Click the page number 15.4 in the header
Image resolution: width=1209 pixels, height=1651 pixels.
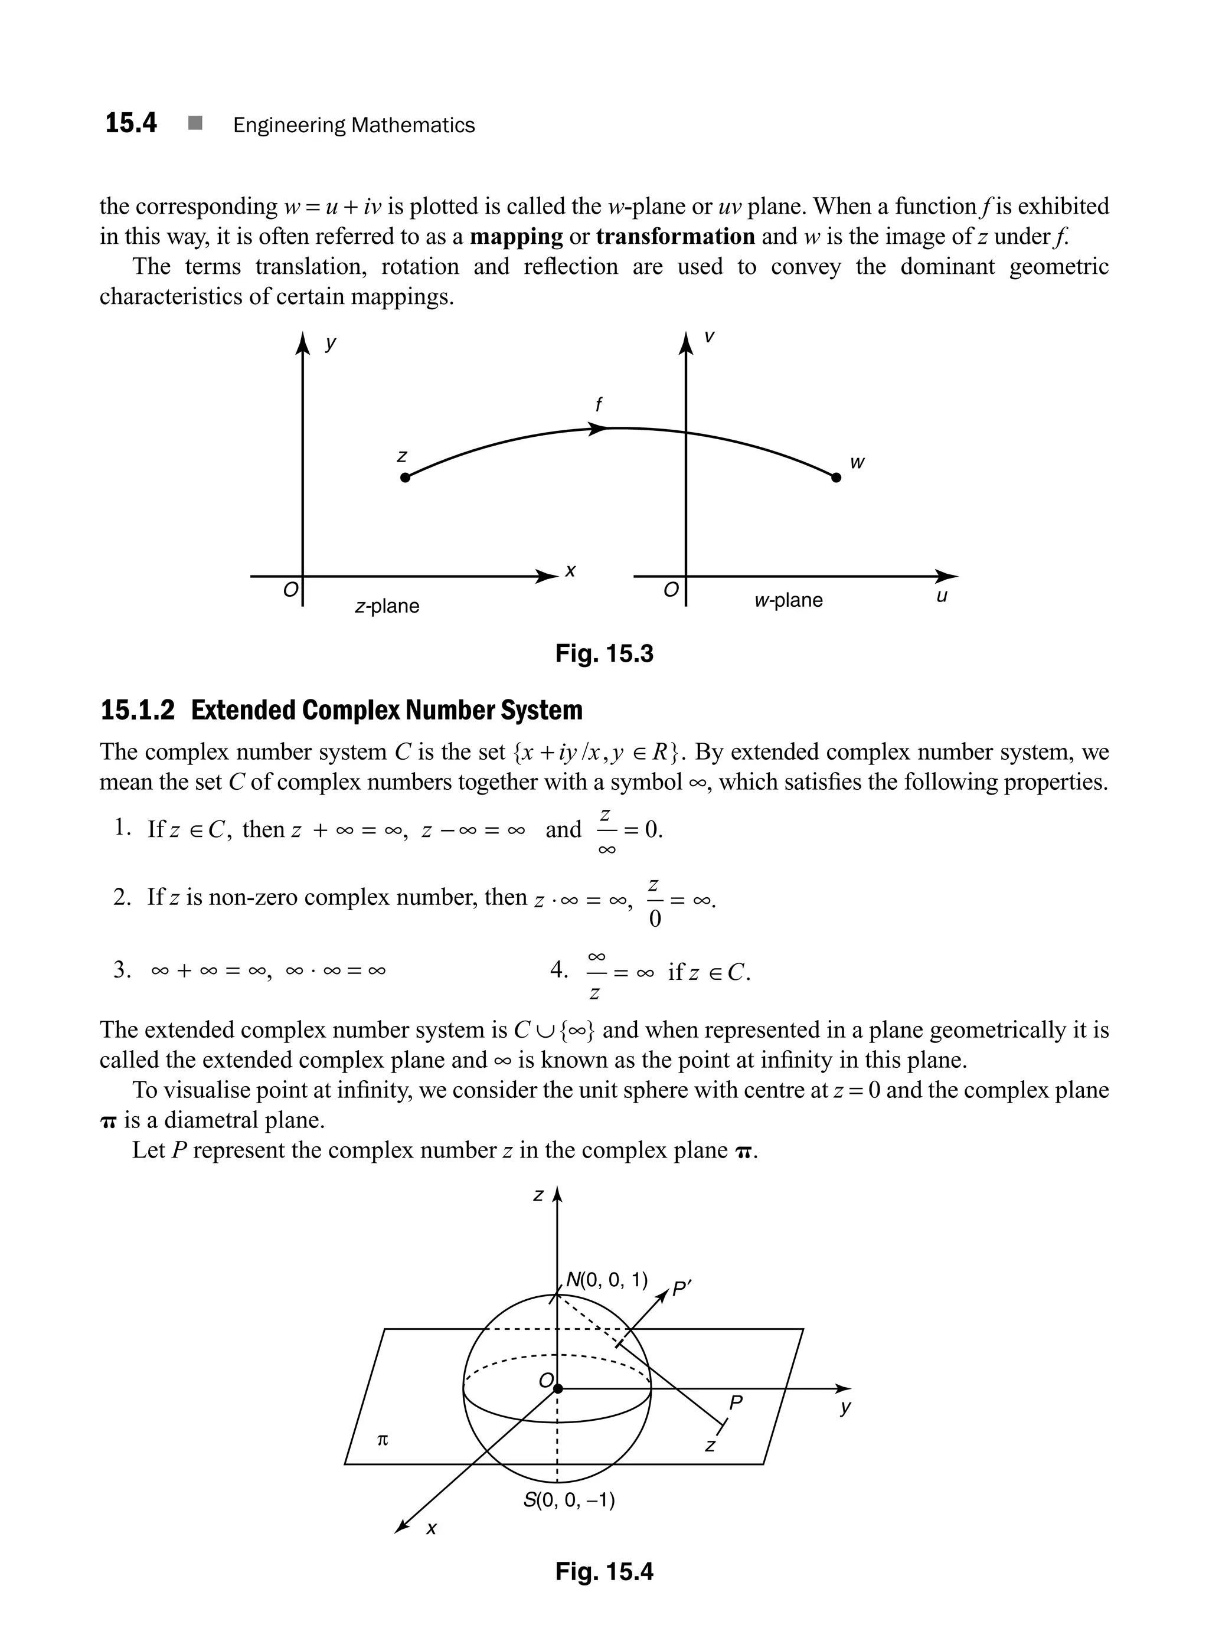tap(131, 123)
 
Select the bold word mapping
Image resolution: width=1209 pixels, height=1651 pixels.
tap(516, 237)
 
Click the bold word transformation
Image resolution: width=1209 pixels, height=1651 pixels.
tap(675, 237)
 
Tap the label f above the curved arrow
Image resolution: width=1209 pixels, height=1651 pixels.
tap(599, 404)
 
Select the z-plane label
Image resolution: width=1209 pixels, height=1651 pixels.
tap(387, 607)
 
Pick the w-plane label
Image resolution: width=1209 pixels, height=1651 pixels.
tap(788, 601)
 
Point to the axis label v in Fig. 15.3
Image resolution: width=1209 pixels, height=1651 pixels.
tap(708, 338)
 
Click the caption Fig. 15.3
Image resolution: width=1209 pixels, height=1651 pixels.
tap(604, 653)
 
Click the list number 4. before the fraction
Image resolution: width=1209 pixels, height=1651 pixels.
tap(558, 970)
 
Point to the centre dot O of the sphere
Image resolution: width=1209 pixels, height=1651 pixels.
tap(558, 1388)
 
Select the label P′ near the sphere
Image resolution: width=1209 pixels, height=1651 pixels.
tap(681, 1289)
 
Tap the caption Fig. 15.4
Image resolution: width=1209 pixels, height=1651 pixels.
tap(604, 1571)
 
